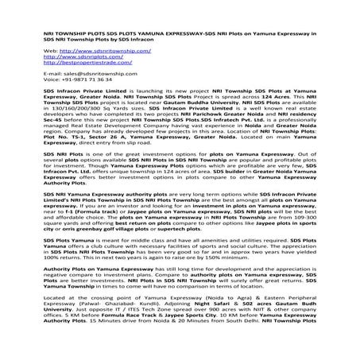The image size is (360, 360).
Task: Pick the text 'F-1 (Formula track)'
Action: [x=88, y=212]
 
